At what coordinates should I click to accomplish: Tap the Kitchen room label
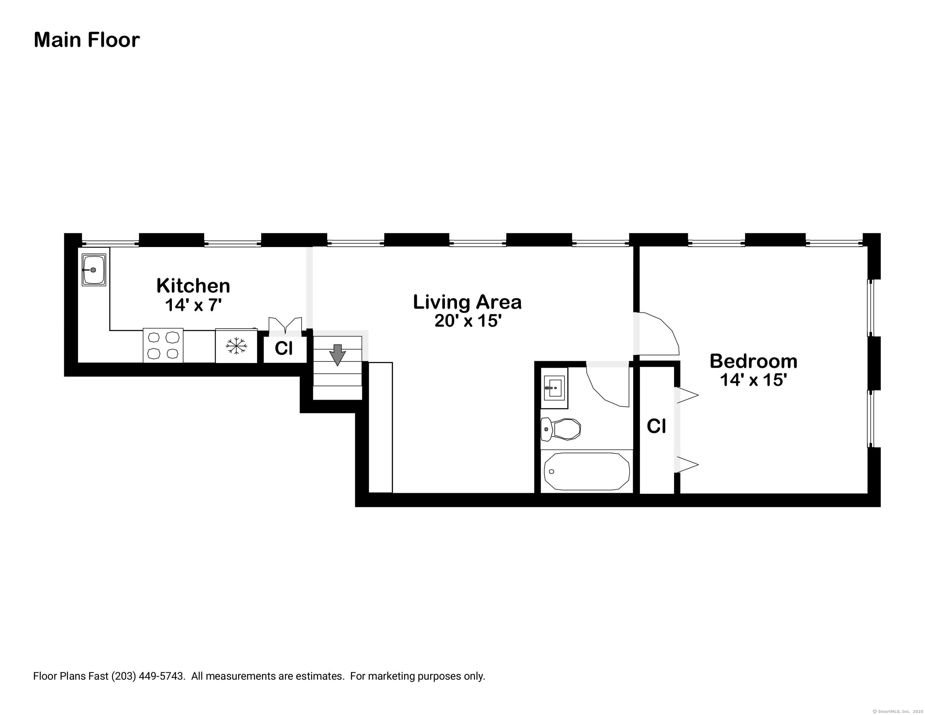pos(193,286)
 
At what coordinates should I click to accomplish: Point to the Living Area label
pos(467,302)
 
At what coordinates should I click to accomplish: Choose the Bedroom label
pos(753,361)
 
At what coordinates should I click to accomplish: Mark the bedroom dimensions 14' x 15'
pos(753,380)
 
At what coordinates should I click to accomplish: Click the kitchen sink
pos(94,270)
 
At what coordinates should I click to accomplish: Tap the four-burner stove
pos(163,345)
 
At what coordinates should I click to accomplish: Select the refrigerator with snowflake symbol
pos(236,346)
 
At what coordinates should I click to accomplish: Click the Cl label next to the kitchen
pos(284,349)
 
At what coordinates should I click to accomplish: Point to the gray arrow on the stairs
pos(337,355)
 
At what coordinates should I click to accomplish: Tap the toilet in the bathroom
pos(560,429)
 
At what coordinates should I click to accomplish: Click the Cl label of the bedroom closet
pos(656,426)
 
